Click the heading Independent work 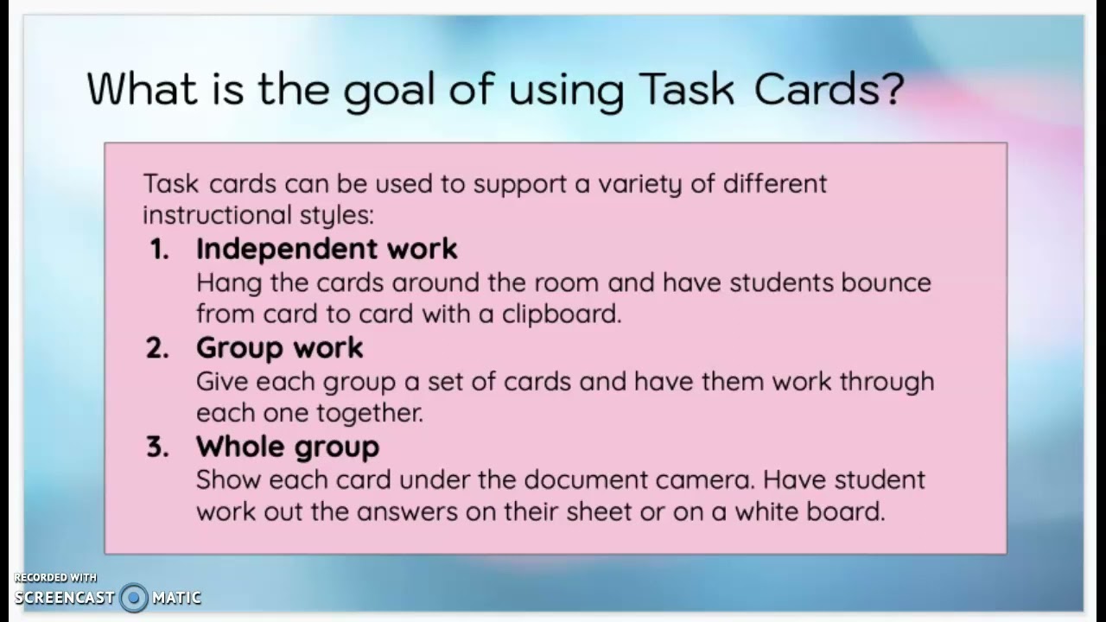click(x=327, y=249)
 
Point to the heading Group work click(x=279, y=348)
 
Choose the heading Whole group click(x=287, y=447)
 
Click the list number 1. click(x=159, y=249)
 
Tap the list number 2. click(x=158, y=348)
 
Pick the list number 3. click(x=158, y=447)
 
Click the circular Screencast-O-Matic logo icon click(x=133, y=597)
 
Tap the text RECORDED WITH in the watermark click(x=55, y=577)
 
